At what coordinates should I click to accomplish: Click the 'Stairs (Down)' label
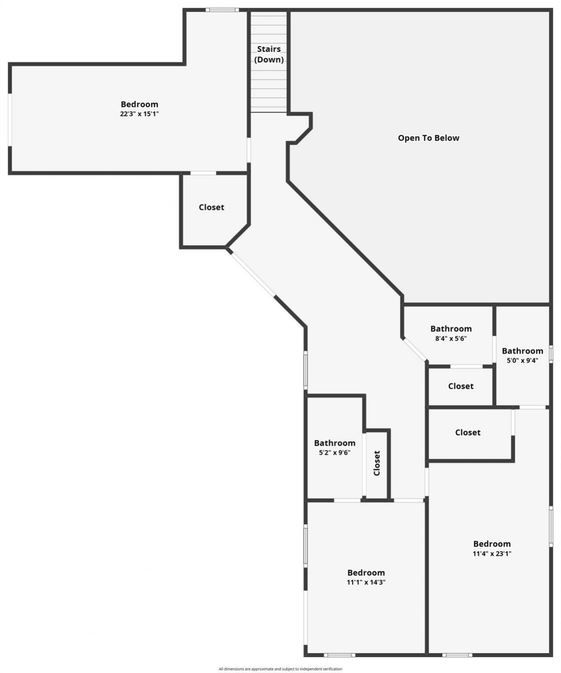click(x=269, y=54)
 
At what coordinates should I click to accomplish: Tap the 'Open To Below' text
click(x=428, y=138)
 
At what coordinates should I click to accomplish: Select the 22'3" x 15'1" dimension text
click(x=139, y=114)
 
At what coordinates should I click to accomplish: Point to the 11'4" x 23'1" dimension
click(x=492, y=554)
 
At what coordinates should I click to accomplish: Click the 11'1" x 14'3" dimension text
click(x=366, y=582)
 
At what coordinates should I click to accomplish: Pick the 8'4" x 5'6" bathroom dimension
click(x=451, y=338)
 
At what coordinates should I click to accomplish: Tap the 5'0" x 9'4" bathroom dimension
click(x=522, y=360)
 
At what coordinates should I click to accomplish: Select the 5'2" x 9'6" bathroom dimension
click(x=334, y=452)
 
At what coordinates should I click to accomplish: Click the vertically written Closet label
click(x=377, y=463)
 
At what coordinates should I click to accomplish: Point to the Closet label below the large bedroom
click(x=211, y=207)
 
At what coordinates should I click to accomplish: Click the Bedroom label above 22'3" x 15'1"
click(x=139, y=104)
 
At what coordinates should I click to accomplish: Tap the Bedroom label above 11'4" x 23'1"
click(x=492, y=544)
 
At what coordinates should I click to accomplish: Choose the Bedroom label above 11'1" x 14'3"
click(x=366, y=573)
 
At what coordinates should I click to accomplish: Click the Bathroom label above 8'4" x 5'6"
click(x=451, y=329)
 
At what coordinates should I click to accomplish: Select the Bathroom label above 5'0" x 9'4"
click(x=522, y=351)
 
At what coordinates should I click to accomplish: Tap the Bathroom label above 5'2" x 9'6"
click(x=334, y=443)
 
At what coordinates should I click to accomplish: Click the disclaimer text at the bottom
click(x=280, y=669)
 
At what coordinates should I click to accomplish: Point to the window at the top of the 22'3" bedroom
click(x=222, y=10)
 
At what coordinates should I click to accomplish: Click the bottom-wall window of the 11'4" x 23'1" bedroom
click(x=457, y=655)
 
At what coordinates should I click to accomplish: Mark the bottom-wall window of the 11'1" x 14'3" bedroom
click(x=339, y=655)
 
